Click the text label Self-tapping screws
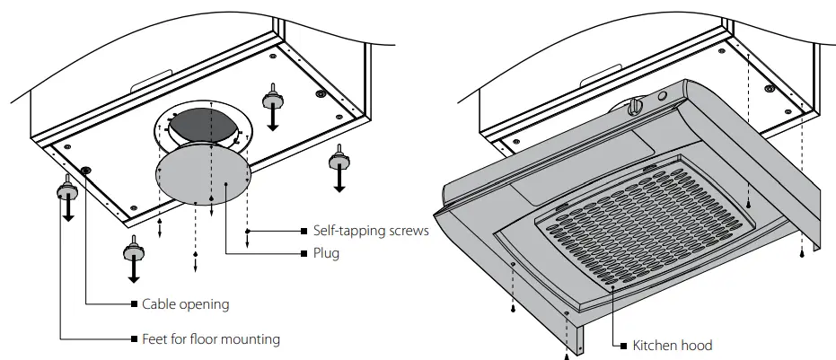[370, 231]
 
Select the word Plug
[326, 254]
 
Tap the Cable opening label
[185, 304]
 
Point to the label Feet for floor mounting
[211, 339]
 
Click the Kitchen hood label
[673, 346]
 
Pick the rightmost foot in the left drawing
[339, 161]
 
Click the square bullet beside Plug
[304, 254]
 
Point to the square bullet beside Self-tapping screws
[304, 231]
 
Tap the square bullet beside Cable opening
[134, 304]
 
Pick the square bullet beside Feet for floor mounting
[134, 339]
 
